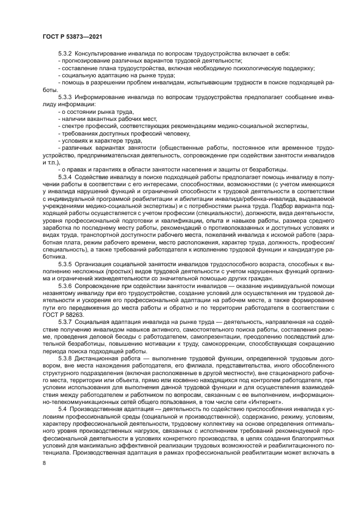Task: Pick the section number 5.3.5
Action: [x=65, y=263]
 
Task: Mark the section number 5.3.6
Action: [x=65, y=285]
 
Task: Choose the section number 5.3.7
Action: [x=65, y=321]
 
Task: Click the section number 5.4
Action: [x=63, y=408]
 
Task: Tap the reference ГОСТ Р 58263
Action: [x=64, y=314]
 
